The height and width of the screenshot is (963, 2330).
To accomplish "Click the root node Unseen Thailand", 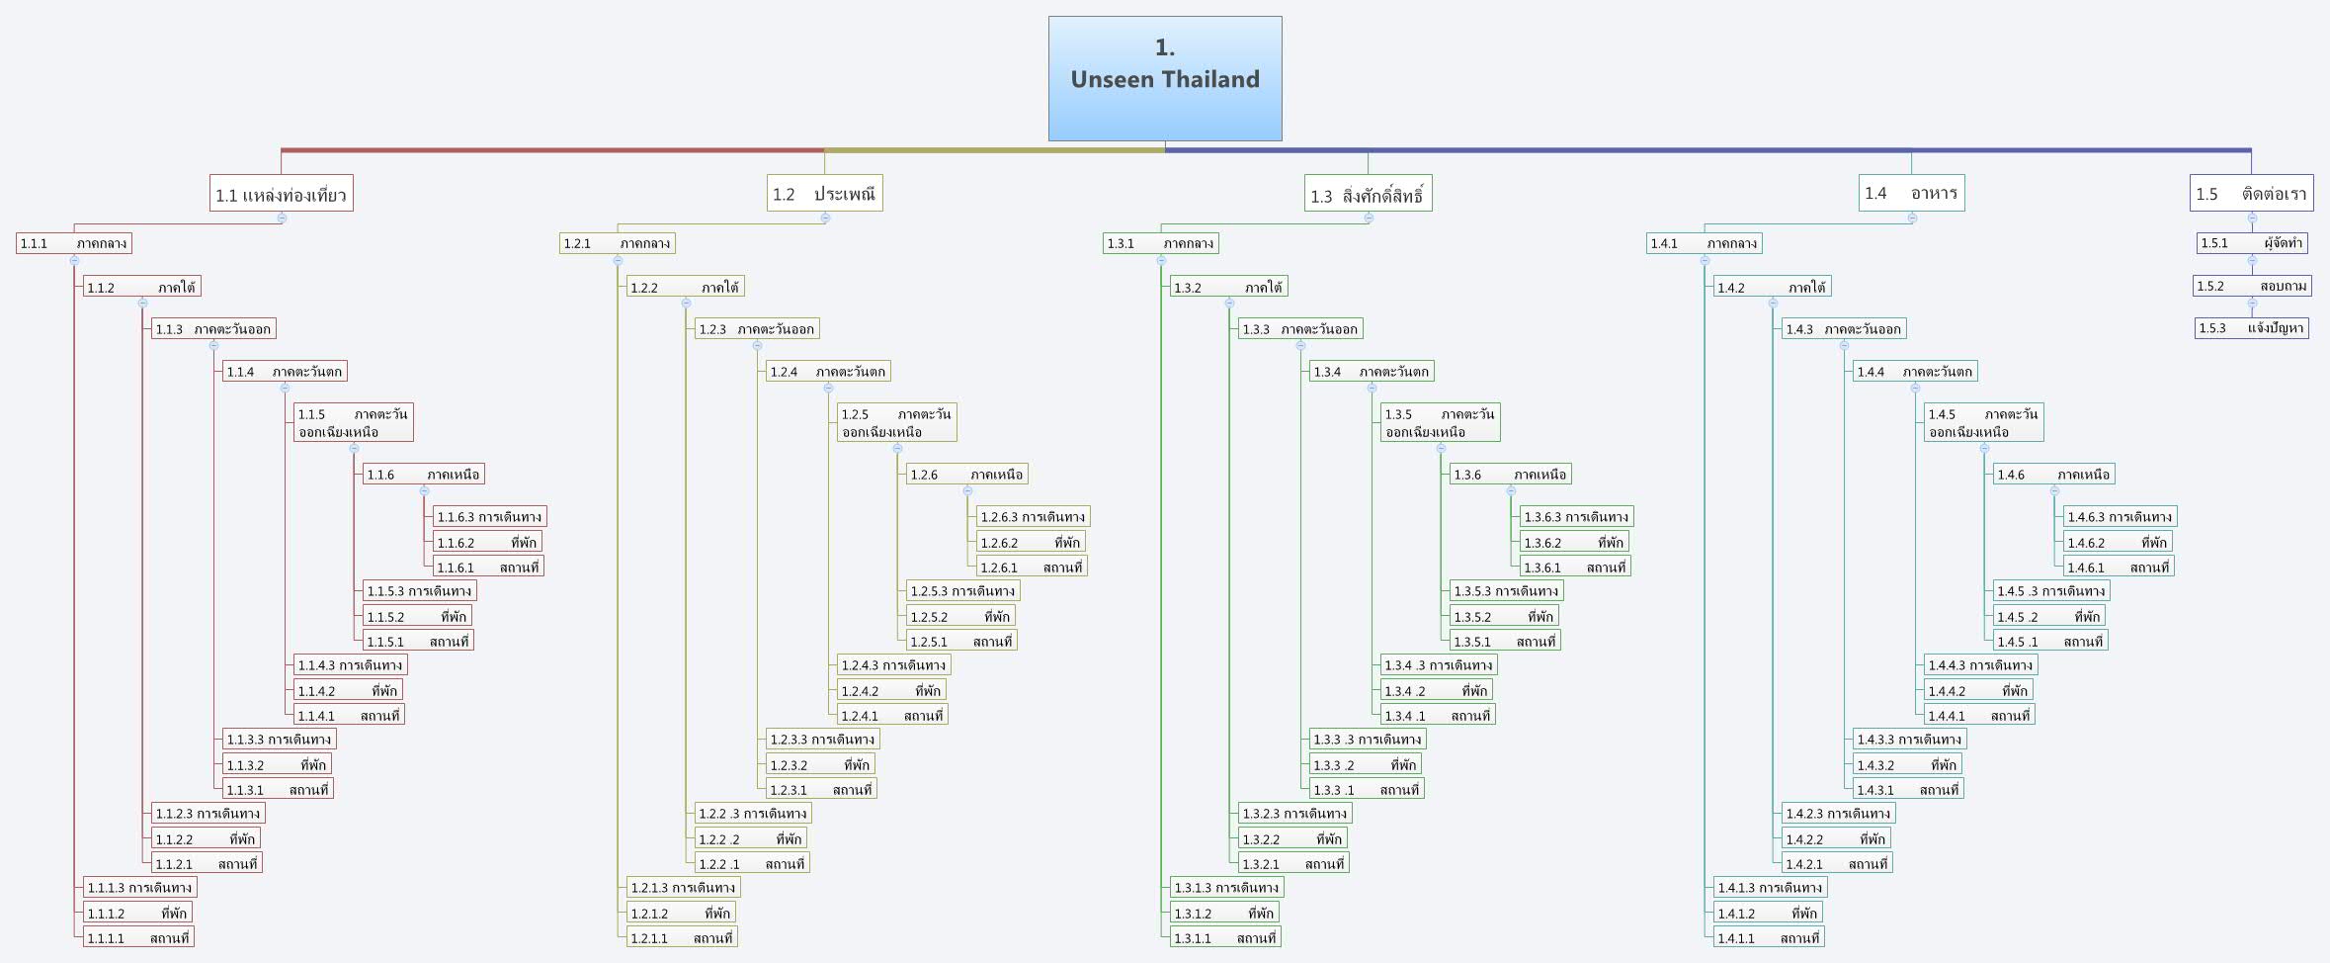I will click(x=1165, y=78).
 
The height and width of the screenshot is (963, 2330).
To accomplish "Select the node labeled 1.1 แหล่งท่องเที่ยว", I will click(x=282, y=194).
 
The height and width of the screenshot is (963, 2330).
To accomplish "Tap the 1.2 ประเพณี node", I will click(x=824, y=193).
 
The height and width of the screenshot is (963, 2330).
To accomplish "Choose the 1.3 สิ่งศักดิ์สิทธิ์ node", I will click(x=1368, y=194).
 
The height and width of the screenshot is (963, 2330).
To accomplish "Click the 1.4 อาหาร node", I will click(x=1911, y=193).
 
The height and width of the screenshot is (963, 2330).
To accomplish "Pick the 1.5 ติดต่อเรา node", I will click(x=2251, y=194).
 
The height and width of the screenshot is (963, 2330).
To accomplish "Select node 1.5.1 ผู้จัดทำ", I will click(x=2252, y=243).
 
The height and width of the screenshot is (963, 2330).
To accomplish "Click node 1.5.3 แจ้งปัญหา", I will click(x=2252, y=328).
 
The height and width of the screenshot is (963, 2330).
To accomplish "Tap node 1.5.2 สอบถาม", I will click(x=2252, y=286).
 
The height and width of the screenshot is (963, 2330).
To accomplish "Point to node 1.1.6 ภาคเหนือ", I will click(x=423, y=475).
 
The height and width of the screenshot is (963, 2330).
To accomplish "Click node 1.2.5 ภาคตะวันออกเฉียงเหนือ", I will click(x=896, y=422).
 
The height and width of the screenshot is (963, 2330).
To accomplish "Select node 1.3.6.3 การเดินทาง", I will click(x=1575, y=516).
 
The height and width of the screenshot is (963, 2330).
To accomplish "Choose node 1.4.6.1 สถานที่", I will click(x=2118, y=568).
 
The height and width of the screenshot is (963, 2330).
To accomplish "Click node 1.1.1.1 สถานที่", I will click(x=137, y=937).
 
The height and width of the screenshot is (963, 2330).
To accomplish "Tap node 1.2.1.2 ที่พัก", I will click(x=680, y=913).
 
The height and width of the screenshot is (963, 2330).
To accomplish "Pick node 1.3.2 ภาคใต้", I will click(x=1228, y=287).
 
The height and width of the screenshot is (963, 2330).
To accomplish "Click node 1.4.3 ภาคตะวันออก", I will click(x=1843, y=328).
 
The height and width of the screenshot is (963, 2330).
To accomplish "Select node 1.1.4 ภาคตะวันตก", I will click(x=285, y=372).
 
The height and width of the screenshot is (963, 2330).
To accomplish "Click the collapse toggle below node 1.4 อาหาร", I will click(x=1912, y=218).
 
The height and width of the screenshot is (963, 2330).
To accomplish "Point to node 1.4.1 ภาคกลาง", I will click(x=1704, y=243).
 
